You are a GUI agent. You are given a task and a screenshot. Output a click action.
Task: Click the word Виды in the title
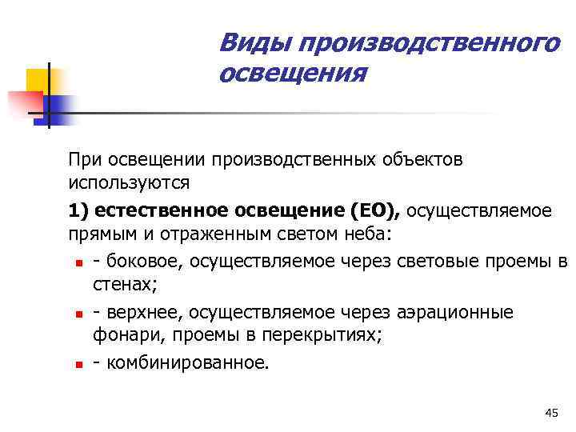pos(246,41)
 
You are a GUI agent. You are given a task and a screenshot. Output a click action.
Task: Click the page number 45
pos(550,412)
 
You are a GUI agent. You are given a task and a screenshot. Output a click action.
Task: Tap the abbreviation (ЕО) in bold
pos(376,210)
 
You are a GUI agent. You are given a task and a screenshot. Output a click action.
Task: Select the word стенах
pos(123,285)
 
